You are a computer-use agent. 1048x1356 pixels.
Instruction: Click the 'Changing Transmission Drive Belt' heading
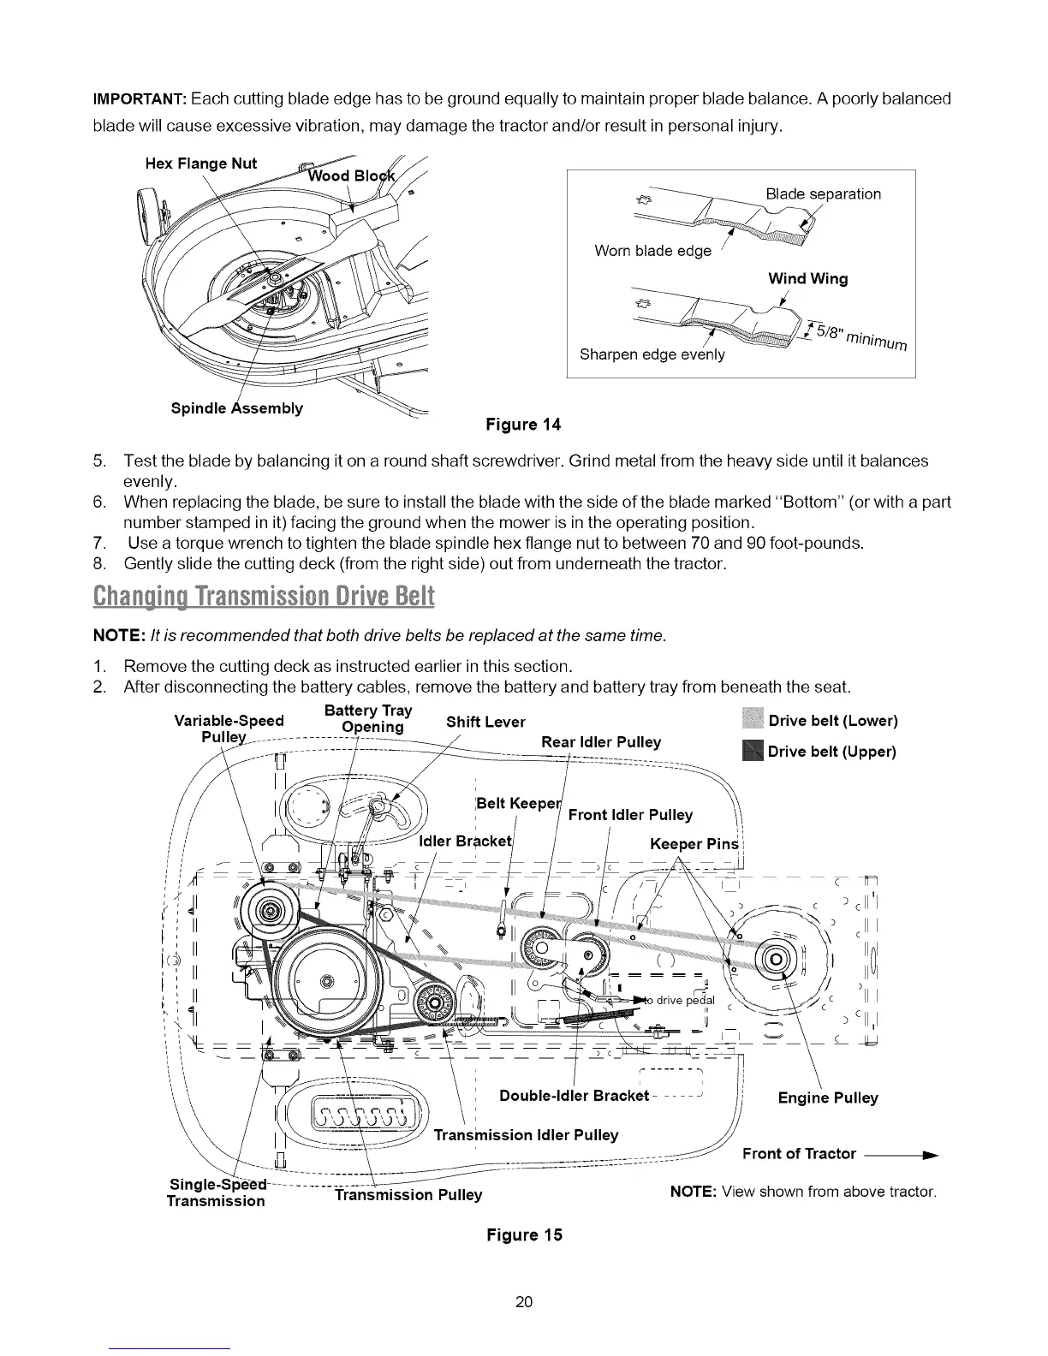click(264, 595)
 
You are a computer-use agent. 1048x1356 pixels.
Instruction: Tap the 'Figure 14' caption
click(523, 425)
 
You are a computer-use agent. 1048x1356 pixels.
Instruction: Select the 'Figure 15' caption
click(524, 1234)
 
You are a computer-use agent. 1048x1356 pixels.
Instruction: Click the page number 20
click(524, 1302)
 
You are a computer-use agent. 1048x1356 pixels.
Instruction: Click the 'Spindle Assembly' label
click(237, 408)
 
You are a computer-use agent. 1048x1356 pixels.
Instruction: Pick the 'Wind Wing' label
click(807, 279)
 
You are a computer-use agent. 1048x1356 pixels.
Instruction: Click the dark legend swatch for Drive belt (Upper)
click(752, 752)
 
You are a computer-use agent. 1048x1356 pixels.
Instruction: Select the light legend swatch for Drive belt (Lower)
click(752, 721)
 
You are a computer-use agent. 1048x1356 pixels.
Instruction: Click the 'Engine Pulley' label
click(827, 1097)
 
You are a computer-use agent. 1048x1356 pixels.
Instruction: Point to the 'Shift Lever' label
click(485, 722)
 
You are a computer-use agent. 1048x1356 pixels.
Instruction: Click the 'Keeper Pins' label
click(694, 845)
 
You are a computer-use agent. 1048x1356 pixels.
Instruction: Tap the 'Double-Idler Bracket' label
click(574, 1097)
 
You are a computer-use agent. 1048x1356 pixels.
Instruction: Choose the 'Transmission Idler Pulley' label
click(526, 1135)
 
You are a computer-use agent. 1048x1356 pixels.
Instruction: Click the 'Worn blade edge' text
click(652, 251)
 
